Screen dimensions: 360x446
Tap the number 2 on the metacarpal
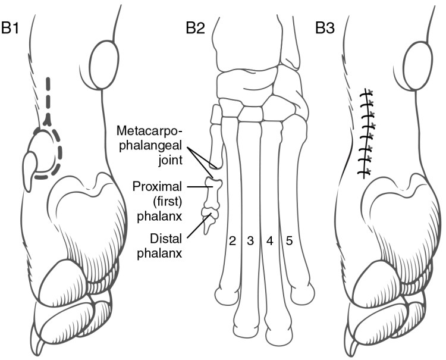click(x=233, y=241)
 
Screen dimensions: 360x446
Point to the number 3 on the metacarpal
click(x=250, y=241)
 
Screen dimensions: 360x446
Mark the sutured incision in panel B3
click(x=366, y=132)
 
